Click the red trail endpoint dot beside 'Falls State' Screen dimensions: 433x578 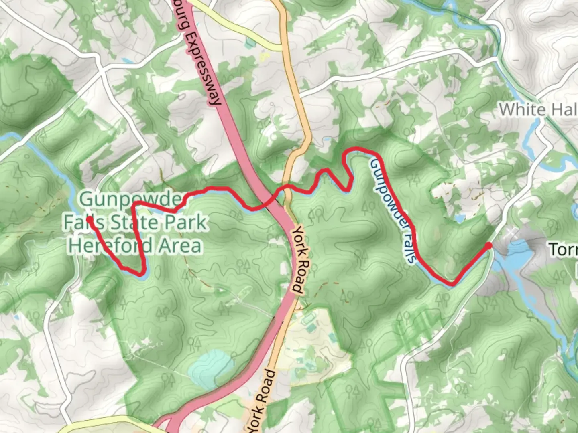[89, 219]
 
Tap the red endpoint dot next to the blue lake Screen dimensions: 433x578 [488, 245]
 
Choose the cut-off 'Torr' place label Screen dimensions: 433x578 [563, 250]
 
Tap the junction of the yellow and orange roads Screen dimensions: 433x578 [282, 48]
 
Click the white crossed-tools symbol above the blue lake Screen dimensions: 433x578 [511, 232]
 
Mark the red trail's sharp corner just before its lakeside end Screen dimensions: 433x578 [453, 284]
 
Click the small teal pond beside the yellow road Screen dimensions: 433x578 [250, 41]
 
